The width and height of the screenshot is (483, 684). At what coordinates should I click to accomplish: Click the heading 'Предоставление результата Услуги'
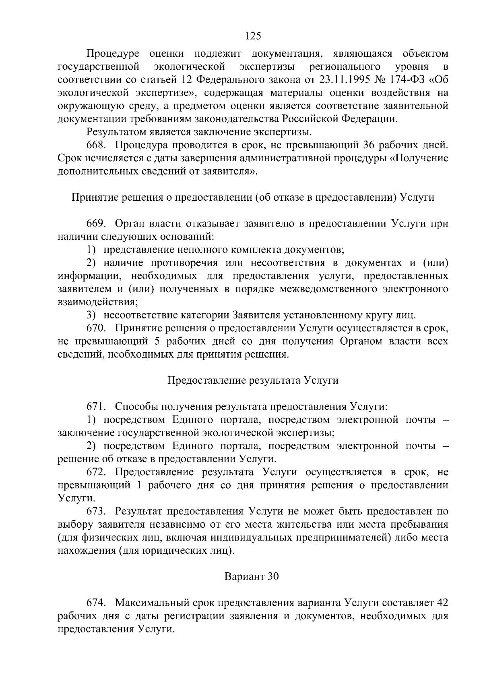(253, 380)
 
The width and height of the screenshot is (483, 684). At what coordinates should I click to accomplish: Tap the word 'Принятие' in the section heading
(91, 198)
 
